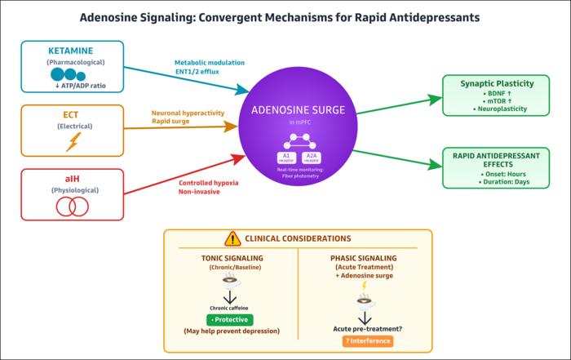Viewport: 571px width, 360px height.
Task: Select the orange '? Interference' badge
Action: [x=366, y=340]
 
